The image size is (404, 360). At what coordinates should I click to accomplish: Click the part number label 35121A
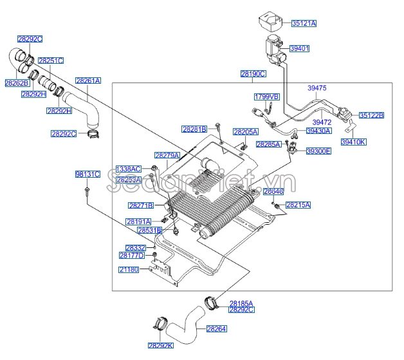pyautogui.click(x=304, y=23)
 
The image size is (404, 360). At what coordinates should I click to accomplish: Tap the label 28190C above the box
pyautogui.click(x=253, y=74)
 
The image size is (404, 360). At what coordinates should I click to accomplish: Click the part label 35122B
pyautogui.click(x=371, y=115)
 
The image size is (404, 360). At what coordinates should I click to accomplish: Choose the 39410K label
pyautogui.click(x=353, y=142)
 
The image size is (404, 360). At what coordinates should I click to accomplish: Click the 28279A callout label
pyautogui.click(x=167, y=155)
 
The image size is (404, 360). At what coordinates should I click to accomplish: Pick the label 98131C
pyautogui.click(x=87, y=174)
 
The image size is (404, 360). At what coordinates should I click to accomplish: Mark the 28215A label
pyautogui.click(x=298, y=205)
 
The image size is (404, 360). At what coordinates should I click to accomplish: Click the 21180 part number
pyautogui.click(x=128, y=269)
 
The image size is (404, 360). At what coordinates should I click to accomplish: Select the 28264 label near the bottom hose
pyautogui.click(x=216, y=329)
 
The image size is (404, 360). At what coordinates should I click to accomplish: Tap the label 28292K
pyautogui.click(x=160, y=345)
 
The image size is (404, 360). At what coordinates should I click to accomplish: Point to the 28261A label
pyautogui.click(x=88, y=81)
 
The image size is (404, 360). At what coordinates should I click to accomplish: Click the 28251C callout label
pyautogui.click(x=50, y=61)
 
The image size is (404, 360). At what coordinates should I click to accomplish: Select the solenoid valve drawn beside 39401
pyautogui.click(x=274, y=50)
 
